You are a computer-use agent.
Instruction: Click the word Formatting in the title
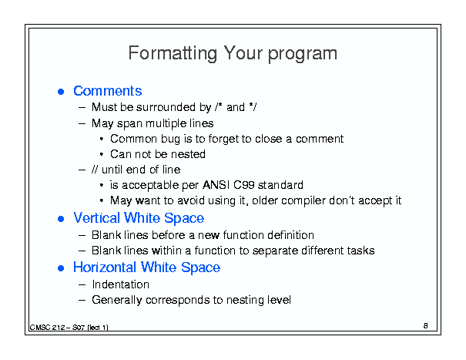[x=173, y=53]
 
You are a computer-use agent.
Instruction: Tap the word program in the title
[x=303, y=54]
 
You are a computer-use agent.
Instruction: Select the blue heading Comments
[x=108, y=91]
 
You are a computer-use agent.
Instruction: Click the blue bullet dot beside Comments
[x=61, y=91]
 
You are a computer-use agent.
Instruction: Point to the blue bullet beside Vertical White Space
[x=61, y=219]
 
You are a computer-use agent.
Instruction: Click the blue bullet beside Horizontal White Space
[x=61, y=268]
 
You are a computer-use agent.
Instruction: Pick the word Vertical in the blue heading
[x=96, y=218]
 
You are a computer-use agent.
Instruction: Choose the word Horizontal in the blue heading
[x=106, y=267]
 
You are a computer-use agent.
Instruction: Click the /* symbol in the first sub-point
[x=219, y=107]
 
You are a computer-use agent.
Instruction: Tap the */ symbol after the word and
[x=253, y=107]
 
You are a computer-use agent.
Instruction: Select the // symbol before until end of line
[x=95, y=170]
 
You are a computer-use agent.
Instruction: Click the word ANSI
[x=216, y=185]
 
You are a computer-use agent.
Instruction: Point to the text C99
[x=244, y=185]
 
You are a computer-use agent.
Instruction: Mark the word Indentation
[x=121, y=284]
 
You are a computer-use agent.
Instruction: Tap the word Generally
[x=117, y=300]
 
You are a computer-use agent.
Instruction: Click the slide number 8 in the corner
[x=426, y=326]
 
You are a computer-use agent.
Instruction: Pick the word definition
[x=290, y=235]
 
